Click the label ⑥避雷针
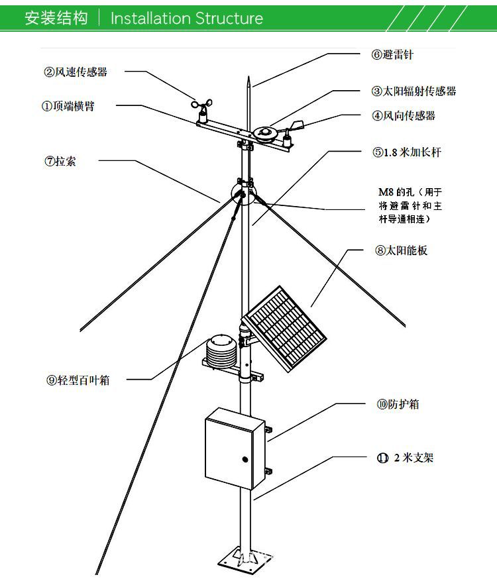(392, 55)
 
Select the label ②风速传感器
(76, 72)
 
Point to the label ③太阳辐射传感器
(414, 91)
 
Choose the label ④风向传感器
(403, 115)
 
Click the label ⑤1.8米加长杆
(406, 152)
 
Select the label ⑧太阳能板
(401, 250)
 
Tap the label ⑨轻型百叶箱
(78, 380)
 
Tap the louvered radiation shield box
(221, 349)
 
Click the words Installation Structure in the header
(186, 18)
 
